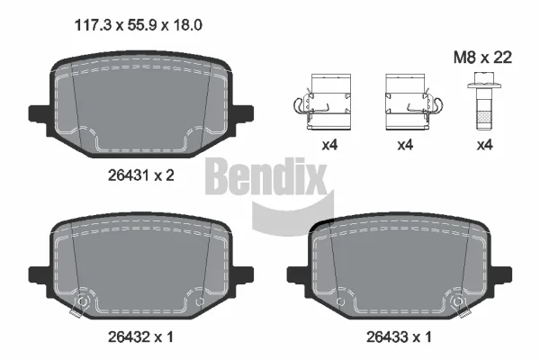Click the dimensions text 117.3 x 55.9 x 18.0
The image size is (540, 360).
click(x=138, y=25)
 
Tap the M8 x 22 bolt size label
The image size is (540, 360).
click(x=482, y=58)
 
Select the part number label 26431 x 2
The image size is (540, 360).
click(x=141, y=175)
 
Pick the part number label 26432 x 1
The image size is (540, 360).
click(x=140, y=337)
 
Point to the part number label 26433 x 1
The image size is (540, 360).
click(x=399, y=337)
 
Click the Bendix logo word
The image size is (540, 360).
click(x=265, y=175)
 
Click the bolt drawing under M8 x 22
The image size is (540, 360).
click(x=483, y=101)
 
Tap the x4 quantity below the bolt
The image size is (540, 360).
click(x=484, y=145)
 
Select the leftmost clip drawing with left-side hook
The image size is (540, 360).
click(x=322, y=102)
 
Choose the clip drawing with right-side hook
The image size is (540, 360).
click(x=414, y=102)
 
